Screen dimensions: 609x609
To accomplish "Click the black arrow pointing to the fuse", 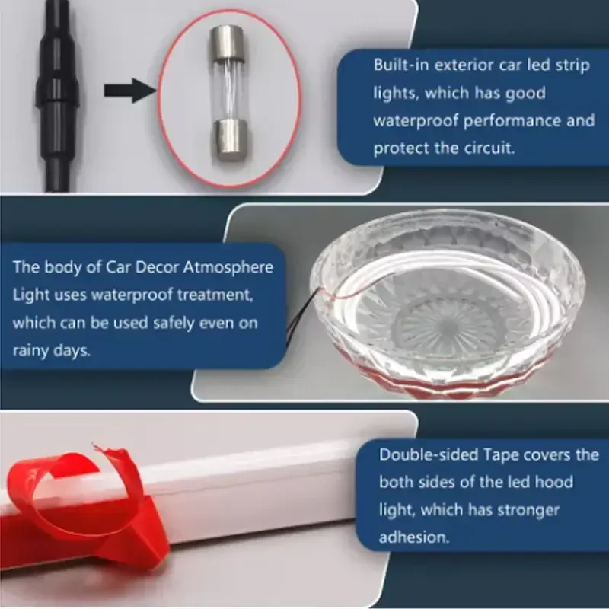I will pos(126,91).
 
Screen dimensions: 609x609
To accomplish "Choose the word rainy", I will pos(33,350).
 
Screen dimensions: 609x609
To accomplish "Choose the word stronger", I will pos(530,509).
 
